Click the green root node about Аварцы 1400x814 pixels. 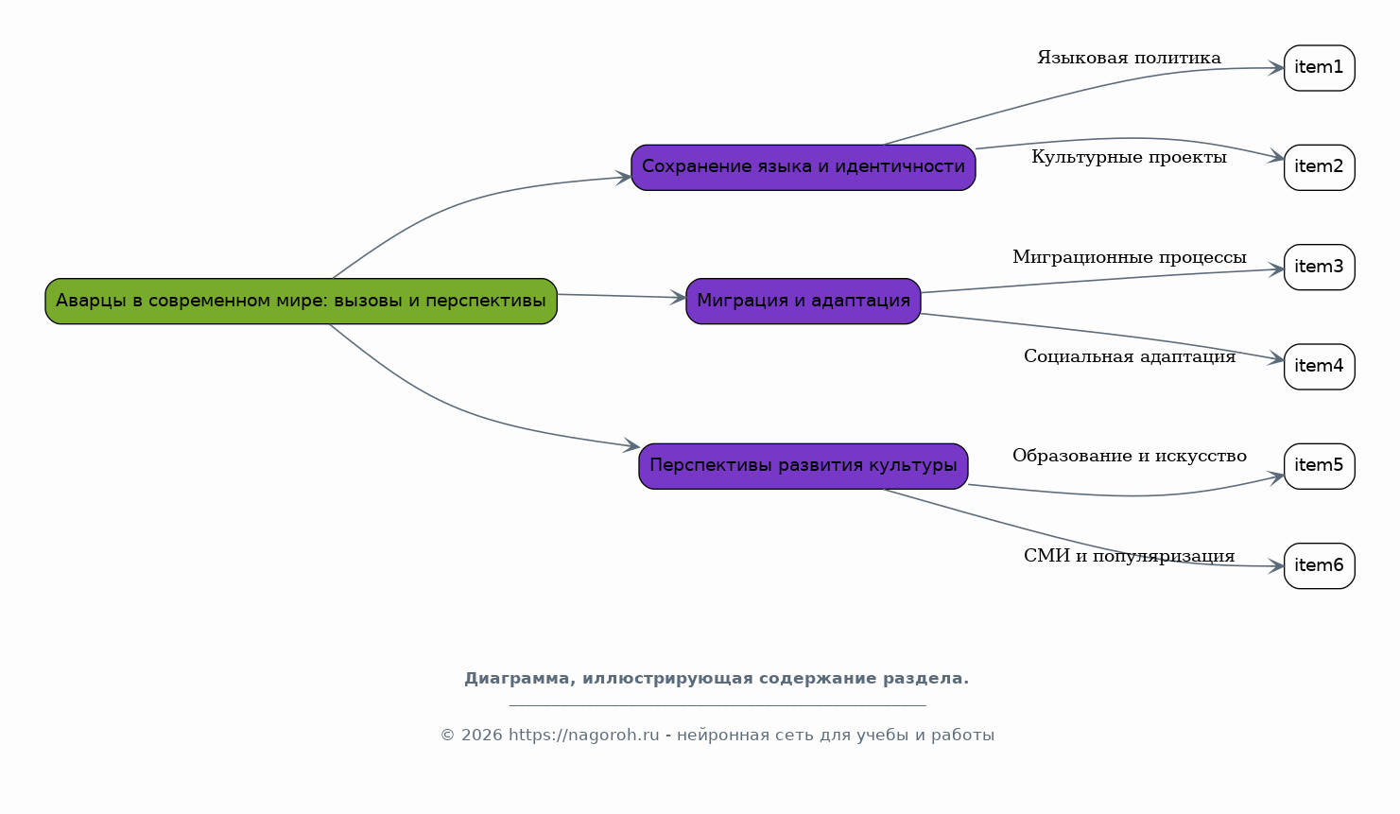point(301,301)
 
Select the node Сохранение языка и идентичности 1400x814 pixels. point(803,167)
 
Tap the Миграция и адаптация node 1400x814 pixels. point(803,301)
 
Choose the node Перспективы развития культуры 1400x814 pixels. point(803,466)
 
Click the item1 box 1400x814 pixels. point(1319,68)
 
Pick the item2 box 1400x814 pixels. point(1319,167)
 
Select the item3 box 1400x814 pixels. point(1319,268)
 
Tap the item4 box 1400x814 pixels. point(1319,367)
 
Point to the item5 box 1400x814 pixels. point(1319,466)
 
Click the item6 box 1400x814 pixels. point(1319,566)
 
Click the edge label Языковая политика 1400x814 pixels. point(1129,59)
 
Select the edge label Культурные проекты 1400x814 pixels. point(1129,158)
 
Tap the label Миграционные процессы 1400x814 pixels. point(1129,257)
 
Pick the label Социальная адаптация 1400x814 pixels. point(1129,357)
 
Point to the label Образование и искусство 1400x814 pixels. point(1129,457)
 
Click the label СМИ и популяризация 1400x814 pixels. point(1129,556)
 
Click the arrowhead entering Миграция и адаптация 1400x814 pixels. point(678,298)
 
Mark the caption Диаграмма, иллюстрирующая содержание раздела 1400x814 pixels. point(716,679)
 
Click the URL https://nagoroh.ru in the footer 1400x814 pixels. point(583,736)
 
